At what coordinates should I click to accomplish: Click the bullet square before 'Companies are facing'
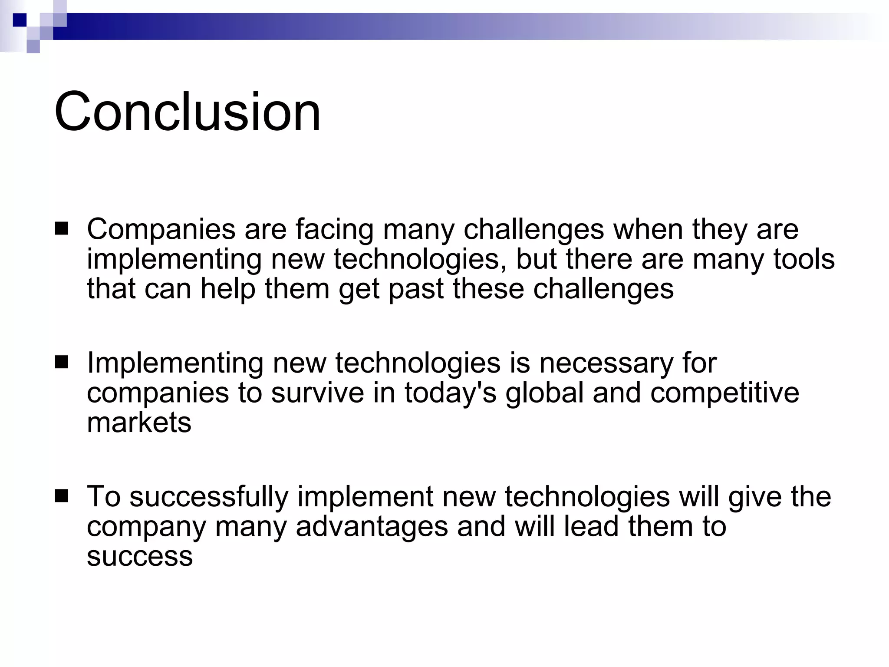tap(62, 229)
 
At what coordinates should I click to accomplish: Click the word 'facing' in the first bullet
tap(335, 230)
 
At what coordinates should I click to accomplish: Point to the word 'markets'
tap(139, 422)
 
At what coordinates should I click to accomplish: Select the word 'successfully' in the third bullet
tap(209, 496)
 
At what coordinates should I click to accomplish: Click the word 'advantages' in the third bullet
tap(372, 526)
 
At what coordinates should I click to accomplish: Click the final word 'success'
tap(140, 556)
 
